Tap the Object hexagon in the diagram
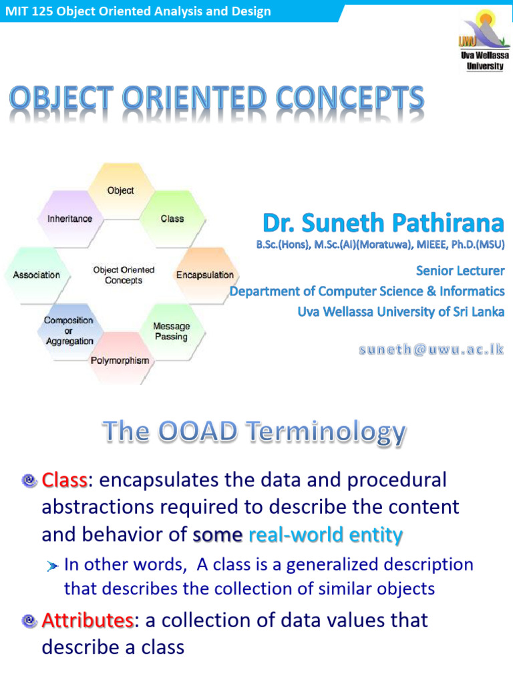coord(120,190)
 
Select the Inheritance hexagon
coord(69,218)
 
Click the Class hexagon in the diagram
coord(172,218)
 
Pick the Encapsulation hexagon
coord(204,275)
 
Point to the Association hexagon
coord(36,275)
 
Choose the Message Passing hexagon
coord(171,331)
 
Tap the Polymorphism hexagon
coord(120,360)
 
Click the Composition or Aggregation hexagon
coord(69,331)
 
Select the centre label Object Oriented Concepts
coord(124,275)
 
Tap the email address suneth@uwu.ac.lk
coord(433,350)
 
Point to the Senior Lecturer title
coord(460,271)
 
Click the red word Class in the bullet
coord(64,480)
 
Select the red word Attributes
coord(88,621)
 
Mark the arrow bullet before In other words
coord(53,566)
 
